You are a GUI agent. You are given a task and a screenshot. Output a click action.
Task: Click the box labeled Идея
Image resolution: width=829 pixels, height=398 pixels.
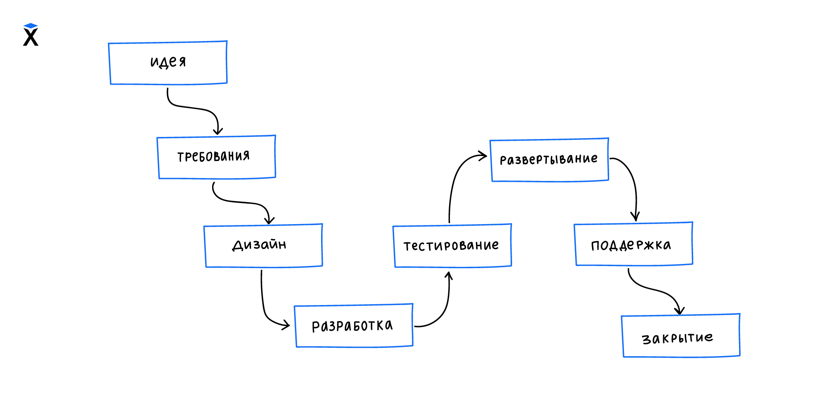click(x=168, y=63)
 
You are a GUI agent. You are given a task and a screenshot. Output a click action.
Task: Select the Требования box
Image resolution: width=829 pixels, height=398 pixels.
click(x=216, y=157)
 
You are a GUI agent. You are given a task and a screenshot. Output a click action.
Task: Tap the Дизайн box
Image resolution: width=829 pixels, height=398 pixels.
click(x=263, y=245)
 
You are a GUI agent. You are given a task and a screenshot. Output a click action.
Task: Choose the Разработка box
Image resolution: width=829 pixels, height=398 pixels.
click(x=353, y=326)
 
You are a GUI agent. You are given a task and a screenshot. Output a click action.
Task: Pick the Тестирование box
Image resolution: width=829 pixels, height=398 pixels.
click(x=452, y=246)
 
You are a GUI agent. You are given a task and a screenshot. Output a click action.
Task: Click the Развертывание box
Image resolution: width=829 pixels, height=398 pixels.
click(x=549, y=160)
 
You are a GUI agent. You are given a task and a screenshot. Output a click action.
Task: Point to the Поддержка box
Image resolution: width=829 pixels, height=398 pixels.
click(x=633, y=244)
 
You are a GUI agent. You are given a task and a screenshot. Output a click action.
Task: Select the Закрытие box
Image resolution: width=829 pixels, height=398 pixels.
click(x=681, y=336)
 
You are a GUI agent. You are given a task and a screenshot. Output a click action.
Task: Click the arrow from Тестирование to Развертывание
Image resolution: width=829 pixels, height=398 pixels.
click(x=454, y=183)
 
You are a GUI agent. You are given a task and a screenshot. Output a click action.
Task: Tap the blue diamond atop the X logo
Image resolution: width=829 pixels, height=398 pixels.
click(x=31, y=26)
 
